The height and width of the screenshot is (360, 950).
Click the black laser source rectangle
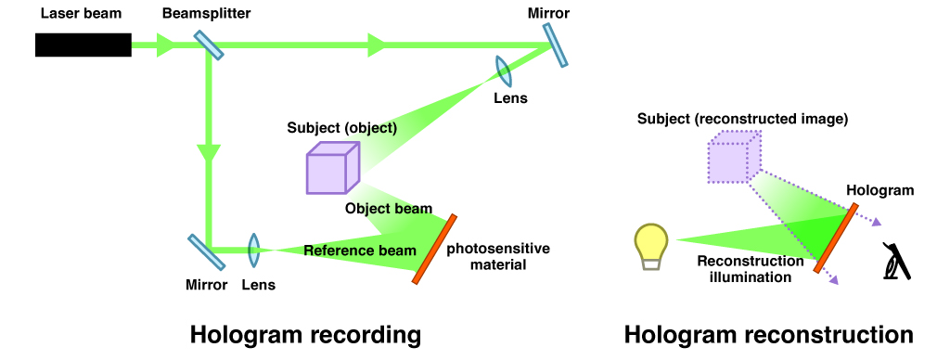(x=83, y=45)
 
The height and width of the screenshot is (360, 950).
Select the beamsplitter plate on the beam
(x=209, y=44)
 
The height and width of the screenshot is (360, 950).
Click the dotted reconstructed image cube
(x=734, y=155)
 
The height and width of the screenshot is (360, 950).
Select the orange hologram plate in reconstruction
(x=836, y=239)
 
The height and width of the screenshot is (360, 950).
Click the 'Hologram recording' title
(x=305, y=334)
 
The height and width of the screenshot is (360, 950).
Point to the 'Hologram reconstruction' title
(x=768, y=334)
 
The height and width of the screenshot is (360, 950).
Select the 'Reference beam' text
(x=360, y=251)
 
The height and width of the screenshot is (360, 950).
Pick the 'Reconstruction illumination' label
(x=744, y=269)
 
